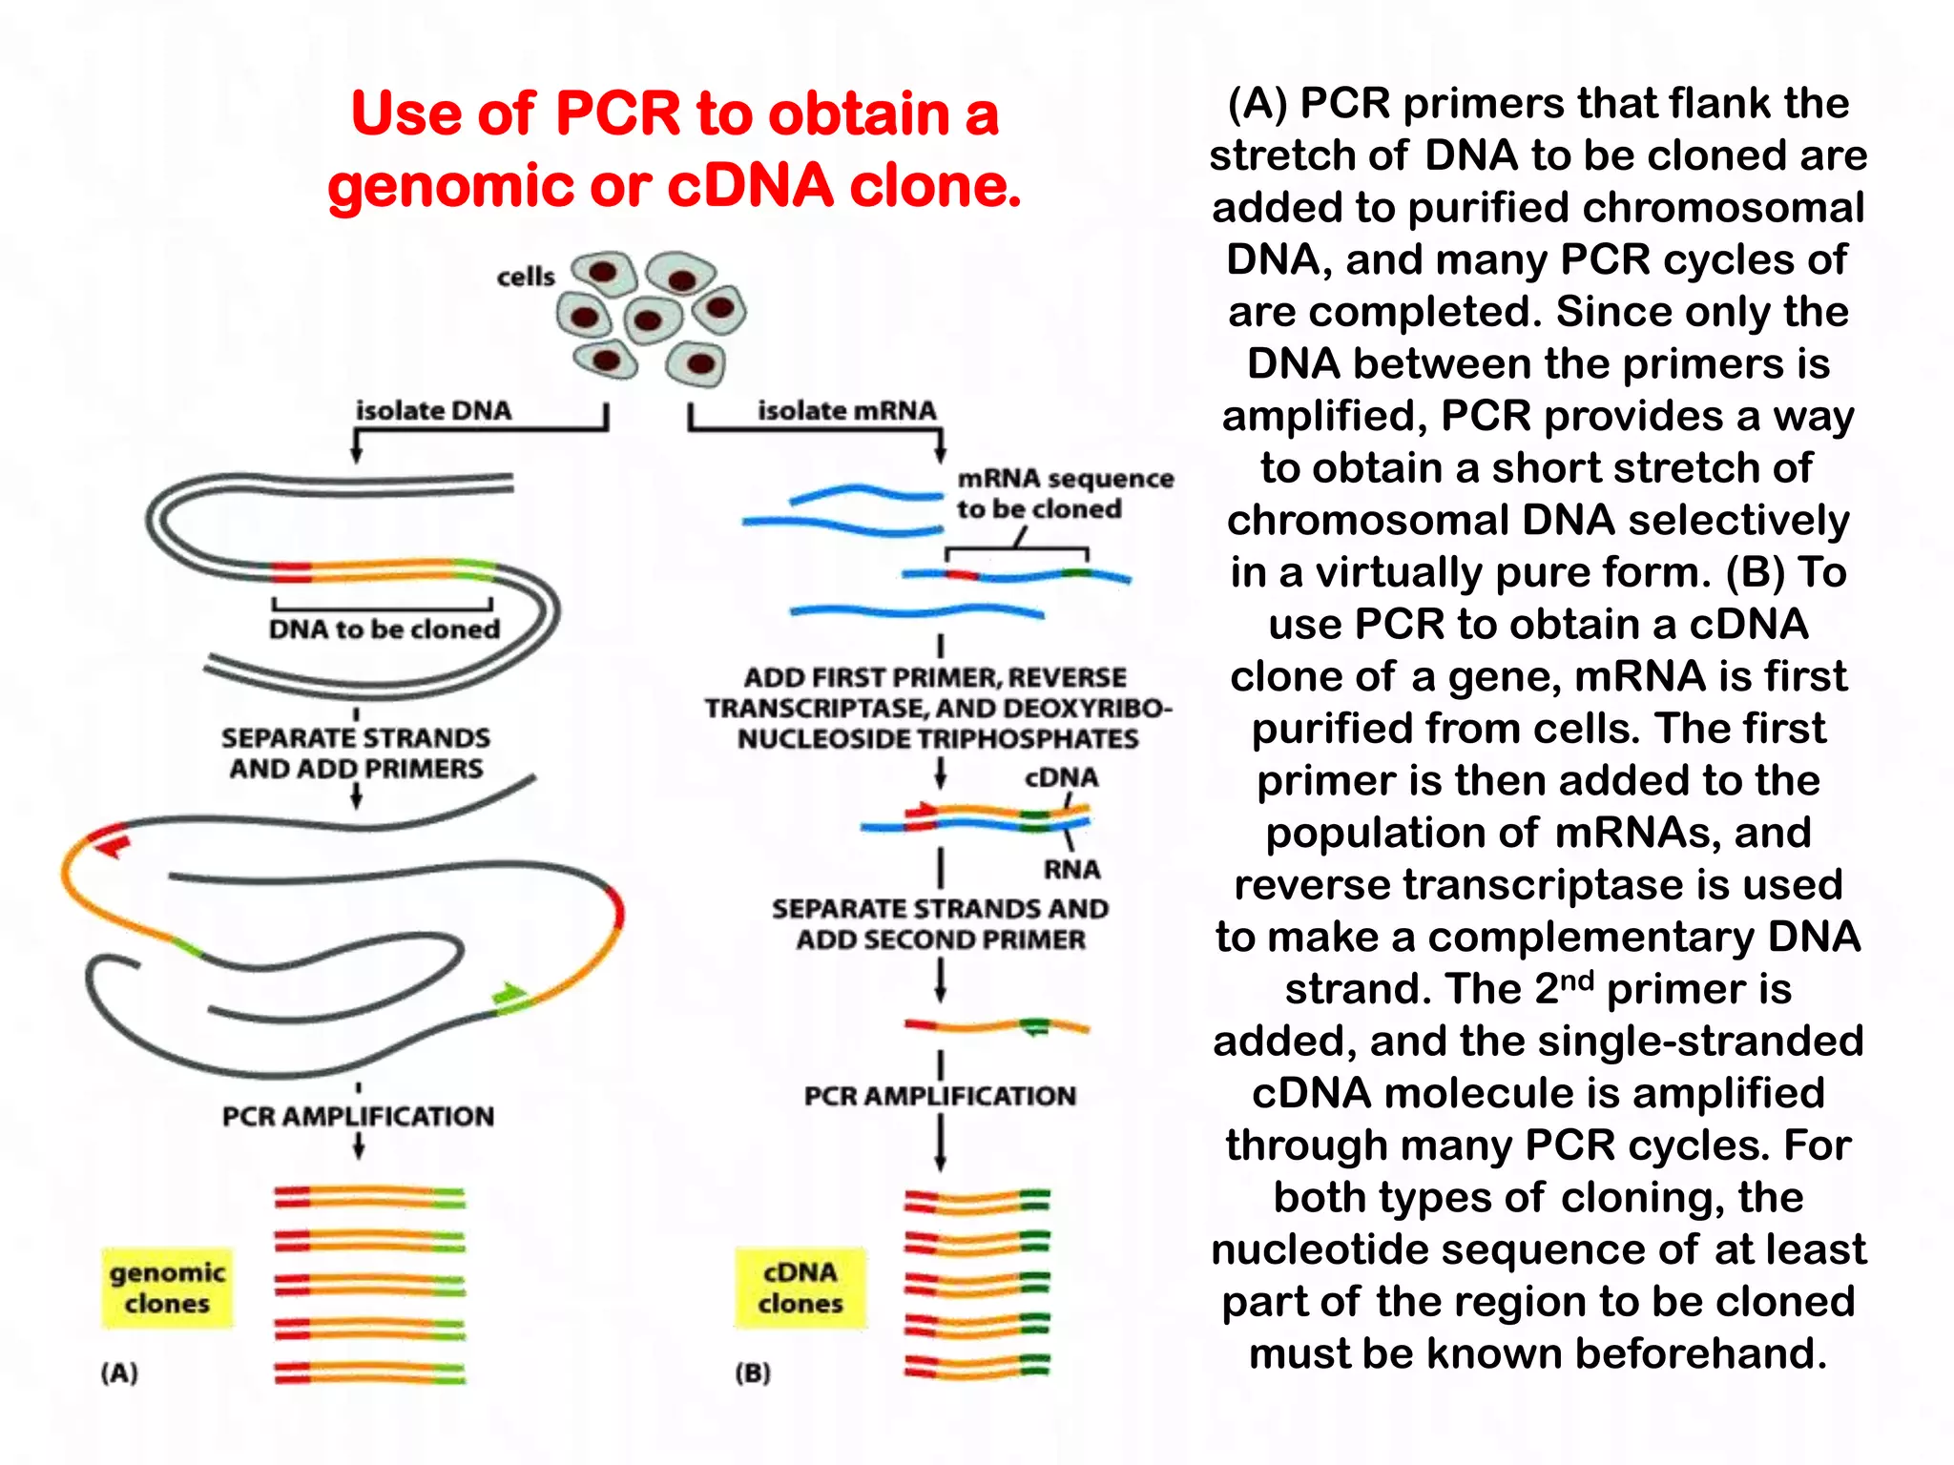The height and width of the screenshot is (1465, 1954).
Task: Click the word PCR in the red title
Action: click(x=618, y=114)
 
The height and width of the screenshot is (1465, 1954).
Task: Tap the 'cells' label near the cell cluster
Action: click(x=525, y=278)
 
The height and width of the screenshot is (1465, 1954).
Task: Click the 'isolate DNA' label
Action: click(x=433, y=410)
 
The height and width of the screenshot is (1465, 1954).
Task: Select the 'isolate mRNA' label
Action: click(x=846, y=410)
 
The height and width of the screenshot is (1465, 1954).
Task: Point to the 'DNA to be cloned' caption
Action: click(x=384, y=629)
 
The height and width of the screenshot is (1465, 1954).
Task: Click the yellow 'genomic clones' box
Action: click(x=167, y=1288)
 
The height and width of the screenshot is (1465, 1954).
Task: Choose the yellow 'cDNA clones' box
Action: click(x=800, y=1288)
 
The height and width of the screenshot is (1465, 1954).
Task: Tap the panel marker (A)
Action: click(x=119, y=1372)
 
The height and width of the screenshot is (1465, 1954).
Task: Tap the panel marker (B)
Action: click(x=753, y=1372)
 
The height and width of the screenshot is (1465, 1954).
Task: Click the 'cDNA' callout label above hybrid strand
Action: click(x=1061, y=777)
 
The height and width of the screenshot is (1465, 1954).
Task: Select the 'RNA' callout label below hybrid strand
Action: click(x=1071, y=870)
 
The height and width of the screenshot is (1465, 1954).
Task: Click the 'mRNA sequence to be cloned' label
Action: click(x=1064, y=493)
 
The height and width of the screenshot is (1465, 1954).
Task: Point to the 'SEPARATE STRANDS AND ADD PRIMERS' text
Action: click(x=355, y=753)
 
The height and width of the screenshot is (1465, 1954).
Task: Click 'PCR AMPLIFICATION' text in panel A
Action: click(x=358, y=1116)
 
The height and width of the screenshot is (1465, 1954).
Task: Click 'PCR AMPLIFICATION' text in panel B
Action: click(x=940, y=1096)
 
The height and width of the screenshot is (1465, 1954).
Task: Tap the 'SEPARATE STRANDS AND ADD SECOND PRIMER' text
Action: click(x=940, y=923)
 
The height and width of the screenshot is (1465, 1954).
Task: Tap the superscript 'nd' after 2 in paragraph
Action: click(x=1577, y=980)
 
